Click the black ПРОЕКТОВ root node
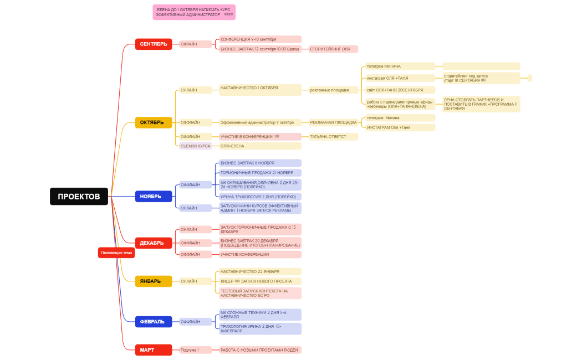79,196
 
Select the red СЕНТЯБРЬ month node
153,44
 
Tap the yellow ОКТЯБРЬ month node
153,122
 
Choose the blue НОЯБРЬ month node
153,196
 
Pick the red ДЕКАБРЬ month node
153,243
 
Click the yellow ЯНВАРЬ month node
153,281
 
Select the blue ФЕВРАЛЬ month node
153,321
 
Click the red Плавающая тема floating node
116,253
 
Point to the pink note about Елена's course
194,12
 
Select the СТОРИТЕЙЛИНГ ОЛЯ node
333,49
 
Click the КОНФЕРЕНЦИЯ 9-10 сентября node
260,39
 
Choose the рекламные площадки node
330,90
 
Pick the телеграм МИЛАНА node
400,66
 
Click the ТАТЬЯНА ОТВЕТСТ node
333,136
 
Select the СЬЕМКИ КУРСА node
196,146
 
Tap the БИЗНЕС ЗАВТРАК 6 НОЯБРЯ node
260,163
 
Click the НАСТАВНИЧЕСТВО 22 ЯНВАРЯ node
260,271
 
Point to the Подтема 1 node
195,350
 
